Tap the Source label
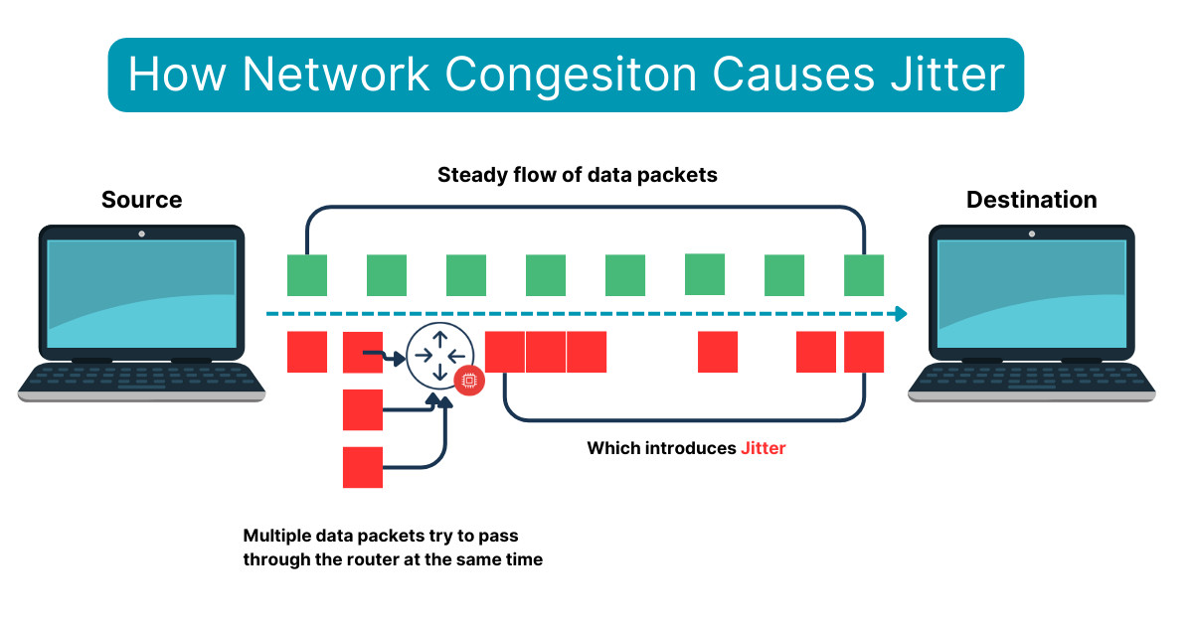point(142,200)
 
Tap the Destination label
point(1031,200)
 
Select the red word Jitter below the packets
point(763,448)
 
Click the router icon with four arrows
point(437,353)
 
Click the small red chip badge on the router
point(468,380)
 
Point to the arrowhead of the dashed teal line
point(900,314)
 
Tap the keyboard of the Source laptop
point(141,378)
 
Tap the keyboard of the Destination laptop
point(1031,378)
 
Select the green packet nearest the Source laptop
point(307,275)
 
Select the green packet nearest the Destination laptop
point(864,275)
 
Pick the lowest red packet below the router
point(363,467)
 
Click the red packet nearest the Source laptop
point(307,352)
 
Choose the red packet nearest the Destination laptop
point(864,352)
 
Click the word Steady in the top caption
point(471,175)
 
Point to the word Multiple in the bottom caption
point(277,535)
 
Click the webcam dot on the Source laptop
point(141,234)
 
